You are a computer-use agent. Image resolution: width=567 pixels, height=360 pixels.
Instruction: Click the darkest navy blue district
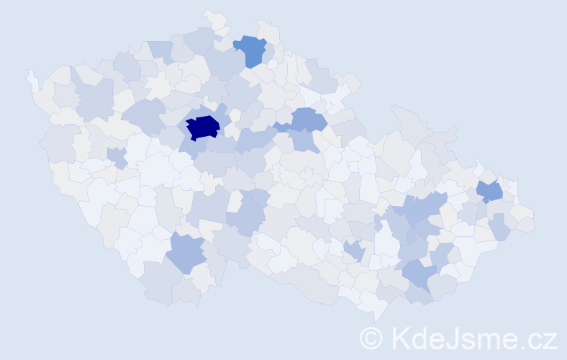[x=203, y=127]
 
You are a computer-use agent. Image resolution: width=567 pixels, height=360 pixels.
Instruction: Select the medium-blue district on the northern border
[x=252, y=49]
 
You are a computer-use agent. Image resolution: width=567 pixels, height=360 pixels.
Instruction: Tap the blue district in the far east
[x=490, y=192]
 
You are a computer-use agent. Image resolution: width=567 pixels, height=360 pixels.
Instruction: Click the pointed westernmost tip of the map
[x=30, y=73]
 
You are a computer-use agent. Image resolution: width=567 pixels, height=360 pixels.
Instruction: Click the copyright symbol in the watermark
[x=371, y=337]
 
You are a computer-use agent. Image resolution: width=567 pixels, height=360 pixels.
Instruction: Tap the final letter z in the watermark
[x=549, y=339]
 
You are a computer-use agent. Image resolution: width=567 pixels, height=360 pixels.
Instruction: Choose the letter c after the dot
[x=533, y=339]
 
